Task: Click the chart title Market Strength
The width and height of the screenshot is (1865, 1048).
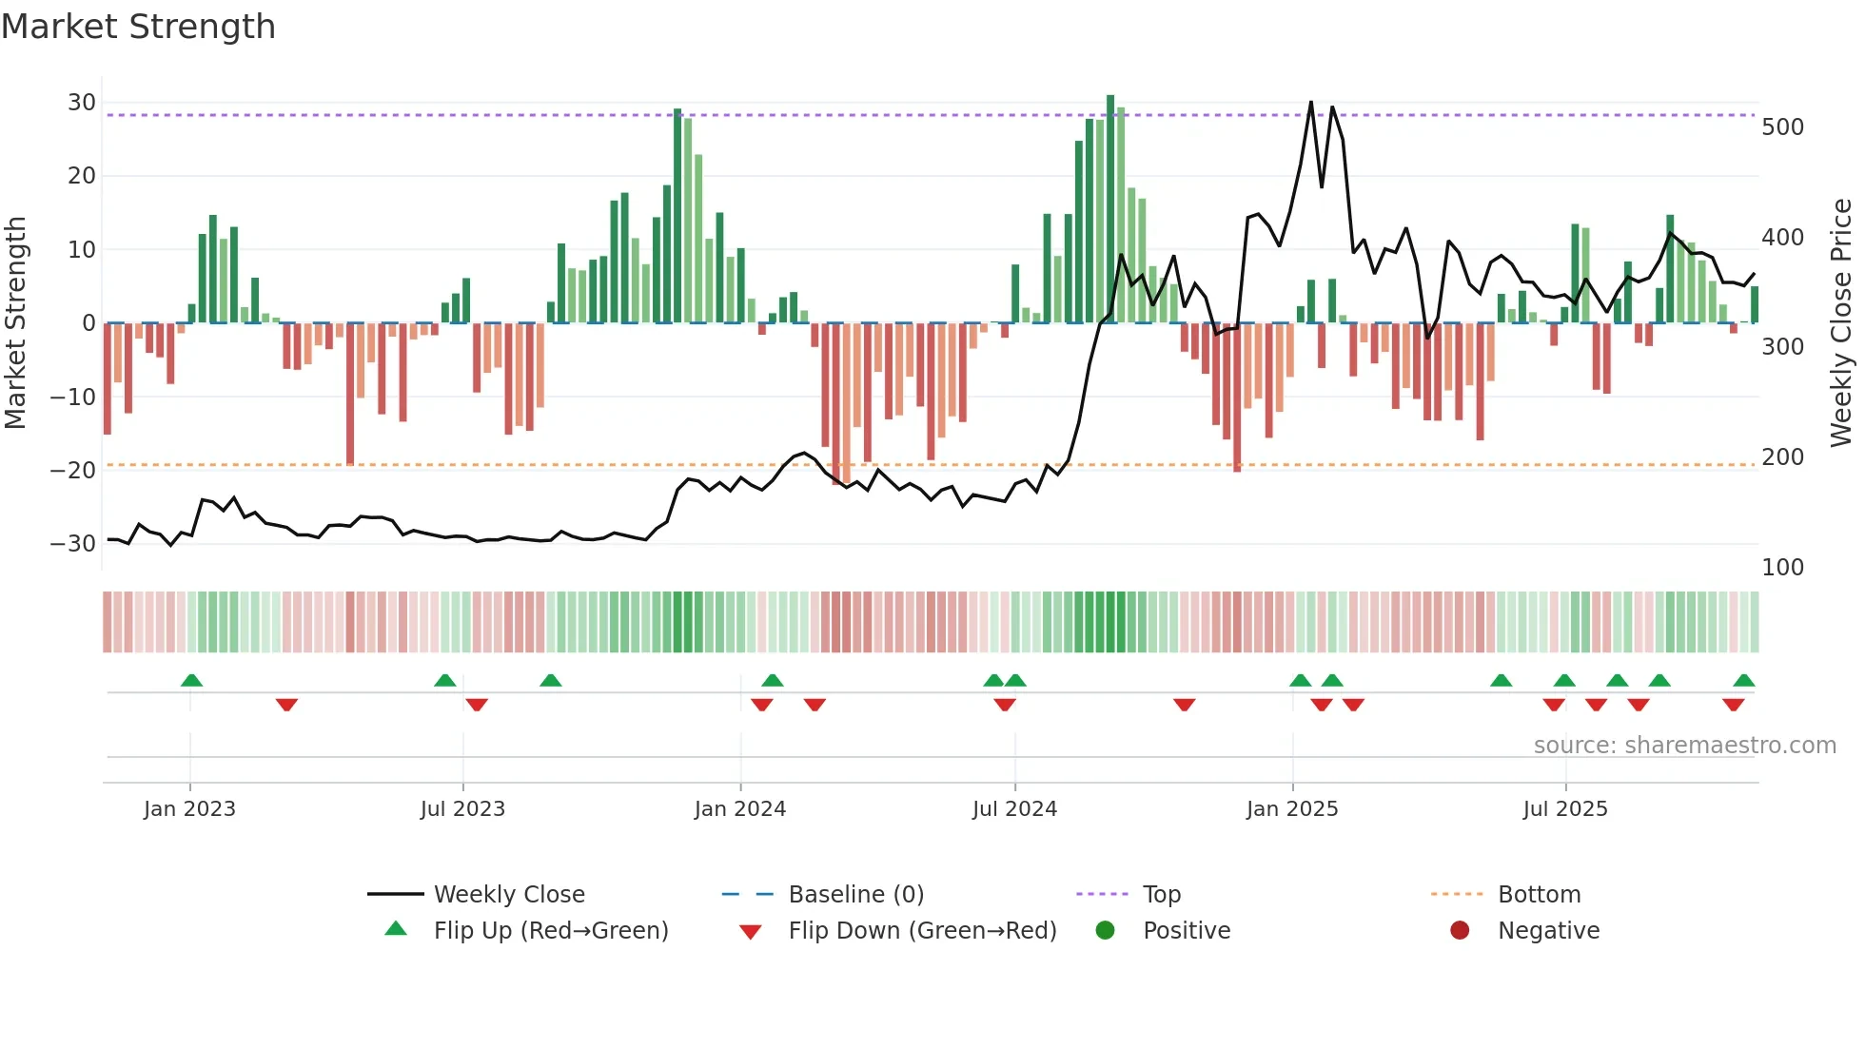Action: [139, 27]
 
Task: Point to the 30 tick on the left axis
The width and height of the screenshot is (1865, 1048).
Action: [82, 103]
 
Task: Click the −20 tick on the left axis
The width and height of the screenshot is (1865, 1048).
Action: [74, 470]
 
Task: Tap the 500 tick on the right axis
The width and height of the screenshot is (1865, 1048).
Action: [1782, 127]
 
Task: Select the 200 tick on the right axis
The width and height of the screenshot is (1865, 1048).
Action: [1782, 457]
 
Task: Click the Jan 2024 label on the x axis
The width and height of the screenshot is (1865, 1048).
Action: [740, 809]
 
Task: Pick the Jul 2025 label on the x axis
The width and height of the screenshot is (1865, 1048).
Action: [1565, 809]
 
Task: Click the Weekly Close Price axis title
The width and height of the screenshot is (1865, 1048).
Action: [1841, 323]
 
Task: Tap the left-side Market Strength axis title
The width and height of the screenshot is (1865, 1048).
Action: [15, 323]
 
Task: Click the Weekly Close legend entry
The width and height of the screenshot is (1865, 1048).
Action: [509, 895]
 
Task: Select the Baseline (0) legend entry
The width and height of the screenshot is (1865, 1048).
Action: [856, 895]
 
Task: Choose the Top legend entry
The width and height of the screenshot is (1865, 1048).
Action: [1162, 895]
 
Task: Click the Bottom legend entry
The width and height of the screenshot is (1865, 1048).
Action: [1539, 895]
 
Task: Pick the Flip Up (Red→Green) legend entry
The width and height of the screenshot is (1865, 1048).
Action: [551, 931]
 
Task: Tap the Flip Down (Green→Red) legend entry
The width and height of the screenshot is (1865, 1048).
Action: [922, 931]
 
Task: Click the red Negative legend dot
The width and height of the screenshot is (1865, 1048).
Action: [1460, 931]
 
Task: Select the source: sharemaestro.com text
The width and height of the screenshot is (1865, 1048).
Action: [1684, 746]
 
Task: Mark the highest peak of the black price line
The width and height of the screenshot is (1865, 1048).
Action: [1311, 102]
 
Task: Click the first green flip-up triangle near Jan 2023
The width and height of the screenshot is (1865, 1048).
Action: [191, 680]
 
